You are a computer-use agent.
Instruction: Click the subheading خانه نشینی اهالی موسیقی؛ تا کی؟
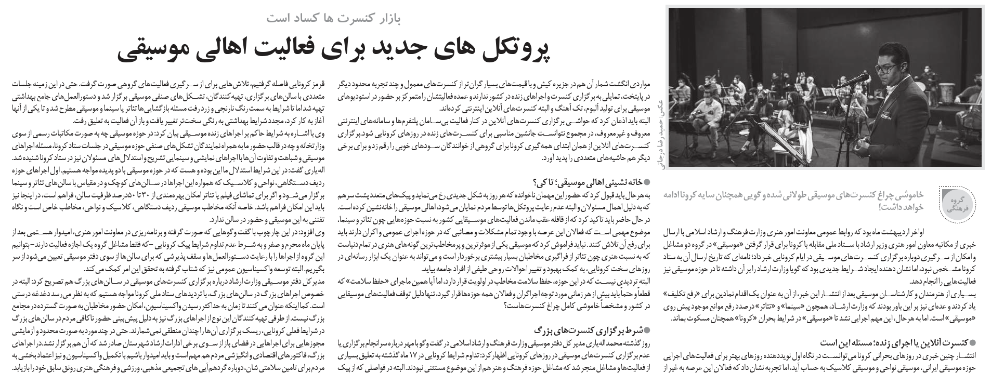pos(593,182)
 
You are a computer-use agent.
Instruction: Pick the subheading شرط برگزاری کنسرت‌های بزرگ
pos(593,329)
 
